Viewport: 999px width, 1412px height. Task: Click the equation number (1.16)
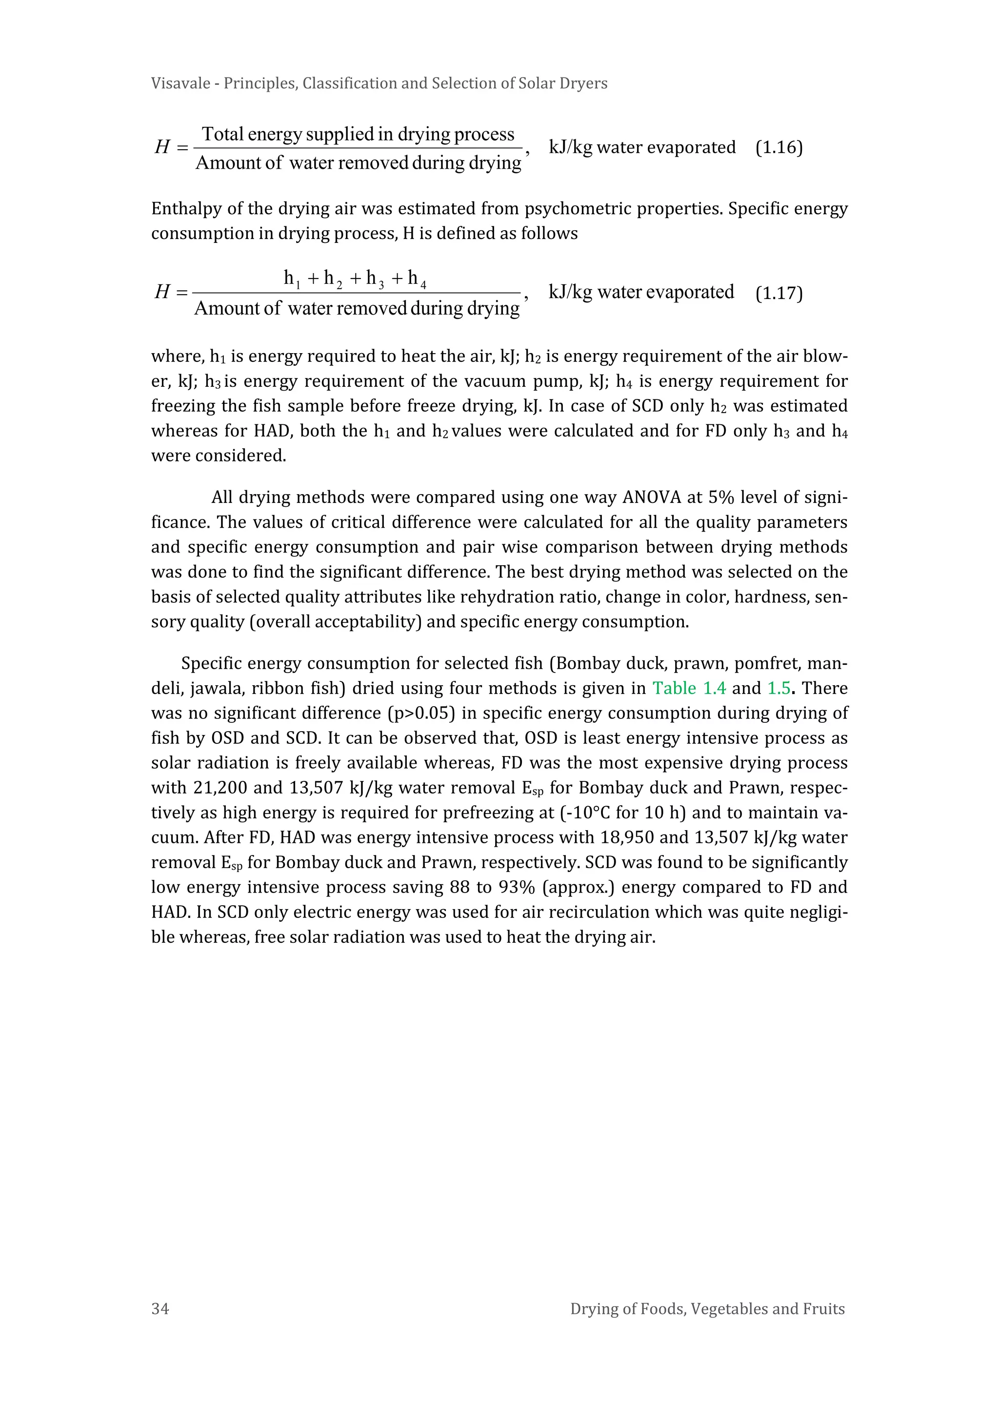779,148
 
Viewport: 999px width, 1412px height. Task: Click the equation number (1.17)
779,293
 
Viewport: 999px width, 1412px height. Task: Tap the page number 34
160,1308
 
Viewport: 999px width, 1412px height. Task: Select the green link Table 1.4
689,688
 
